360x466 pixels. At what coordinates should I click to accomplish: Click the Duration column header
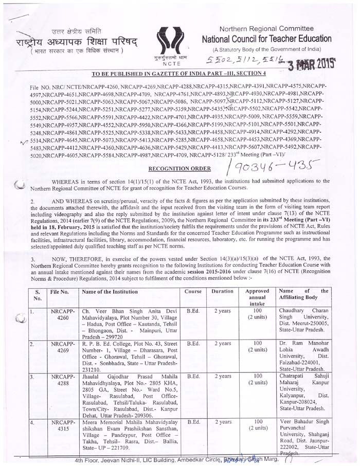223,291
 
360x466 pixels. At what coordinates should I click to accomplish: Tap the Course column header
193,291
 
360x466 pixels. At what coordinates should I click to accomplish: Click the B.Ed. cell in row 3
193,377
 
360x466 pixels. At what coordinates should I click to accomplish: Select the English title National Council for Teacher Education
266,39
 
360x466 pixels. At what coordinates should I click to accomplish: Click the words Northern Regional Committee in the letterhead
266,28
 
